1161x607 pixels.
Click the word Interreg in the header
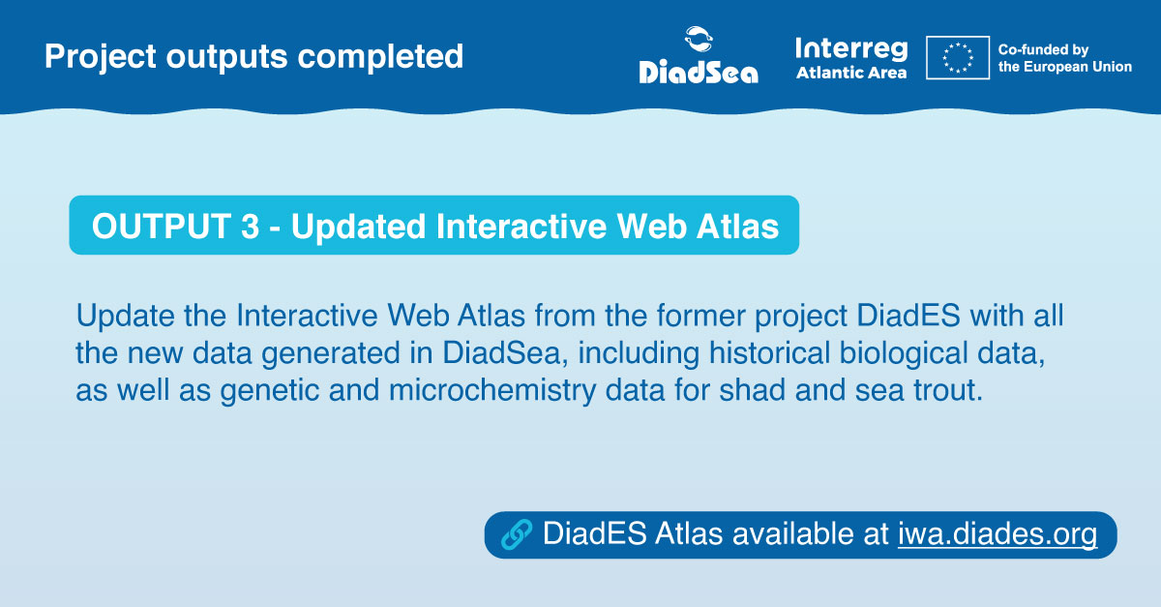(850, 48)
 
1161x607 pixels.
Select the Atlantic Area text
(851, 73)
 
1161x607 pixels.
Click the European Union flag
(957, 57)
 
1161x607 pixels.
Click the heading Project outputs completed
(253, 56)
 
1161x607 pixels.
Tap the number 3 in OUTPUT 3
(250, 226)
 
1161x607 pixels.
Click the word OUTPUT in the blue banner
(162, 226)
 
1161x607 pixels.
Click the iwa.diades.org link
(997, 534)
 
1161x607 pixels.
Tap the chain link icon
(518, 534)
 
